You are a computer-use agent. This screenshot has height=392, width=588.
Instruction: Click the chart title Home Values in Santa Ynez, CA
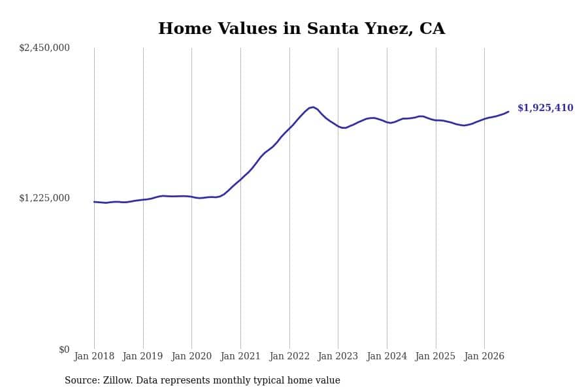(301, 29)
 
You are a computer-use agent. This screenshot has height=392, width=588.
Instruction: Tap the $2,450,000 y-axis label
(44, 48)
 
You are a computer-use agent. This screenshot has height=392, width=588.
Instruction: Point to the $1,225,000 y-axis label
(44, 198)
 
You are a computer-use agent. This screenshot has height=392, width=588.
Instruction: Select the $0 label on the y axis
(64, 350)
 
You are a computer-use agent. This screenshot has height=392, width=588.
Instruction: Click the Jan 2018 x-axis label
(94, 356)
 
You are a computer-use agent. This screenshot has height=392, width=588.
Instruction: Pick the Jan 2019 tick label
(142, 356)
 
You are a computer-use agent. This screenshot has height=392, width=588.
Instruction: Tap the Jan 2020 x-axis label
(191, 356)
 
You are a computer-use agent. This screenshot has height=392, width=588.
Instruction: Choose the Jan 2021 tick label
(240, 356)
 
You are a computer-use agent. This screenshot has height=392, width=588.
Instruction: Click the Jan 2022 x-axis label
(289, 356)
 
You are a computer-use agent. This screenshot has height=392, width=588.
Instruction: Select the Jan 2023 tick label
(338, 356)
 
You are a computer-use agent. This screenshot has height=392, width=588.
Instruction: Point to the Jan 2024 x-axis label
(387, 356)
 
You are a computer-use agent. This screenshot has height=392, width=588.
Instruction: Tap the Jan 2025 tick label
(435, 356)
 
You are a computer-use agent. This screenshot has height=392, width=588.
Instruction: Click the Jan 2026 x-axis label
(484, 356)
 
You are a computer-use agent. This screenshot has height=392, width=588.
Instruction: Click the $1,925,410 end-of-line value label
(546, 108)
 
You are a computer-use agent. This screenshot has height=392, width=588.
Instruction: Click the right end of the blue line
(508, 112)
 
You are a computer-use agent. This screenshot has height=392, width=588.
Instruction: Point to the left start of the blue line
(94, 202)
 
